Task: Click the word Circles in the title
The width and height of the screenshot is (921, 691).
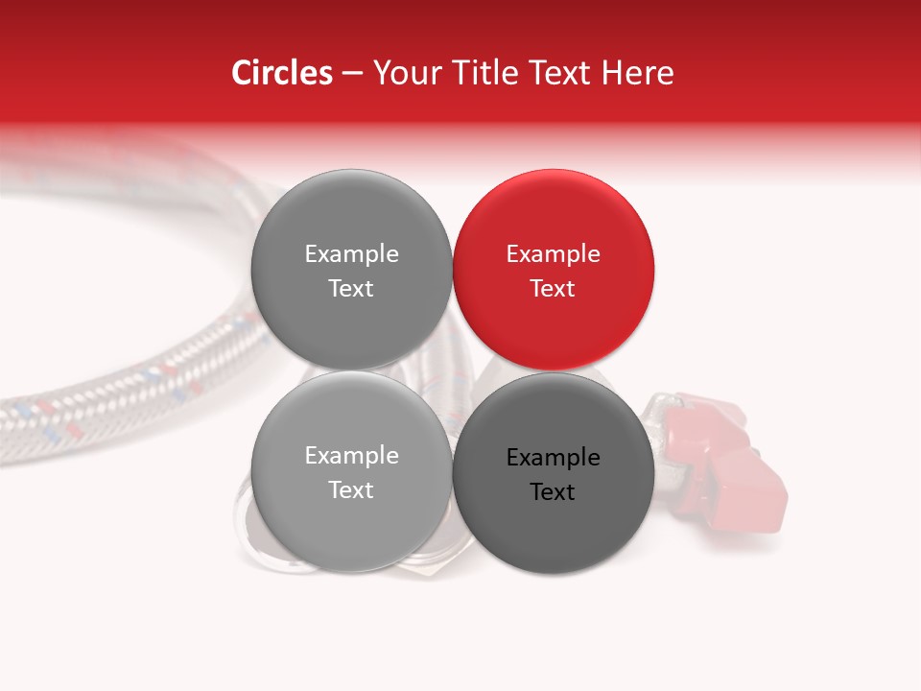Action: (x=281, y=73)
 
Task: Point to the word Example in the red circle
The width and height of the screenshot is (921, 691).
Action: (x=553, y=254)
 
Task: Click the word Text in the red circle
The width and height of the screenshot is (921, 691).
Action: (x=553, y=289)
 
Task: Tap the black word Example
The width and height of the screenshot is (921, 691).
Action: (x=553, y=458)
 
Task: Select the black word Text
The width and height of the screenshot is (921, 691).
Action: (x=553, y=492)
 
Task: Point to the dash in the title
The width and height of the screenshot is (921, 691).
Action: (x=351, y=73)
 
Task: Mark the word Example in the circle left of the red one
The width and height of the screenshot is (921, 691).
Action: (x=351, y=254)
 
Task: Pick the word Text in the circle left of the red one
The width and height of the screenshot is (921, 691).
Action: (x=351, y=289)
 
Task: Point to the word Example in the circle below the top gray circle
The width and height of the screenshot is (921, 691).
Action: (x=351, y=456)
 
